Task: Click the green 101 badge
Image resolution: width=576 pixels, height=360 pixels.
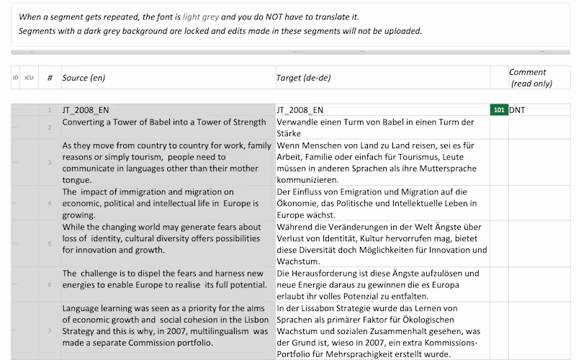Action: point(499,110)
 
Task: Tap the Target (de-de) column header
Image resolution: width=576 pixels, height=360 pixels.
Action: point(303,78)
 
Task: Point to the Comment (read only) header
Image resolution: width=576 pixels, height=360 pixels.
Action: point(530,78)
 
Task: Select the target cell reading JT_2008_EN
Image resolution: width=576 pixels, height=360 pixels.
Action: point(300,110)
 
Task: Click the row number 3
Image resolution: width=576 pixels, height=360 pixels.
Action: point(50,163)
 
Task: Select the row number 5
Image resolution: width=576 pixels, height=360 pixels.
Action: point(50,244)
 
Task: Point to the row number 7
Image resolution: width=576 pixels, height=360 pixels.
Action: point(50,331)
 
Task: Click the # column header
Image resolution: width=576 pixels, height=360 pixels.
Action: point(50,78)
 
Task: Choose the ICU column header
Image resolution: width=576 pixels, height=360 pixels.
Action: point(29,78)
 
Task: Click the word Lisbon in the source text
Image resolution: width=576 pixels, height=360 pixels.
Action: point(243,320)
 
